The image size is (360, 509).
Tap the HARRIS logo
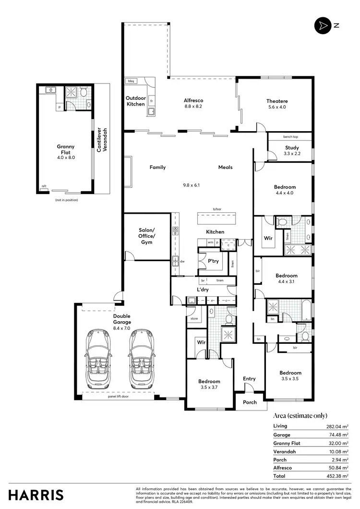(x=35, y=495)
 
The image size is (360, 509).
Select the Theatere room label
(x=277, y=101)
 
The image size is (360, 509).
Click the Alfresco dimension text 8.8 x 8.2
(x=193, y=107)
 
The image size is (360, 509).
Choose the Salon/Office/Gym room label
(x=146, y=236)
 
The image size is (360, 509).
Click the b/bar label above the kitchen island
(x=217, y=209)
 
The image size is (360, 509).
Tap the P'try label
(x=213, y=261)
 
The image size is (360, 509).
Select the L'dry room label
(x=202, y=290)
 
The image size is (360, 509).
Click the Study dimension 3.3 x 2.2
(x=291, y=154)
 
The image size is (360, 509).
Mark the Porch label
(x=250, y=402)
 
